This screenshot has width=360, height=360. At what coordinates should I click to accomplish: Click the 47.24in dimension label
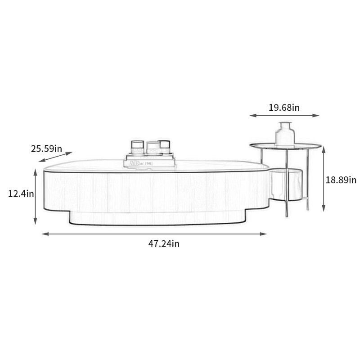click(x=164, y=243)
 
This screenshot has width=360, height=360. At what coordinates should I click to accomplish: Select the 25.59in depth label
click(x=46, y=148)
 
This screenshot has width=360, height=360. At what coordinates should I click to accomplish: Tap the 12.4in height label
click(x=21, y=193)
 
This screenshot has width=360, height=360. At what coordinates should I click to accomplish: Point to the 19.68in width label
click(x=284, y=108)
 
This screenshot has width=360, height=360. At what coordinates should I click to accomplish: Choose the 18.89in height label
click(x=341, y=180)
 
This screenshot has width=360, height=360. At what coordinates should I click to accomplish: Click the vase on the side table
click(x=285, y=134)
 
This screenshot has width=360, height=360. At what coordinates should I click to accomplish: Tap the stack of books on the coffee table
click(x=149, y=161)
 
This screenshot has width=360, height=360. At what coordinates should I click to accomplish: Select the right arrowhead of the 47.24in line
click(x=263, y=234)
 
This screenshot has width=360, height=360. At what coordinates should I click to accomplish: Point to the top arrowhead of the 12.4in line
click(x=36, y=172)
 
